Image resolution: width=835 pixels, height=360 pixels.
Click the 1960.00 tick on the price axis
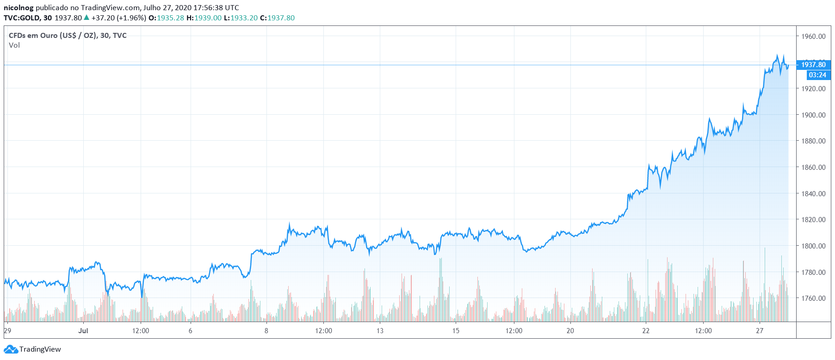pos(813,36)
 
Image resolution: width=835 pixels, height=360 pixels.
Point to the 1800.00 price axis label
pos(813,246)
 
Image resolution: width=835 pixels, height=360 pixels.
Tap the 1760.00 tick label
pos(813,298)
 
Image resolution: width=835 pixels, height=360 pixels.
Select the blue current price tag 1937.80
pos(813,65)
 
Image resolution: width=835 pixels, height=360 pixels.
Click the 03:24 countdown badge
pos(817,75)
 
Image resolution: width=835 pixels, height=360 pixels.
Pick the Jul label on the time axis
pos(83,330)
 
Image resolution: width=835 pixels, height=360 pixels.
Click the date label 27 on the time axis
pos(759,330)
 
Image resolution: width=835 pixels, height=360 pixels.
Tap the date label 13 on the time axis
pos(380,330)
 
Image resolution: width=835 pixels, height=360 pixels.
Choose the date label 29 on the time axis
pos(7,330)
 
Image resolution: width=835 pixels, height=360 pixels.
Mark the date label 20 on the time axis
pos(570,330)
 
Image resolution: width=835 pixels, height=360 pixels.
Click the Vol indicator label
pos(14,45)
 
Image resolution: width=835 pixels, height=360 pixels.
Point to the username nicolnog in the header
pos(19,7)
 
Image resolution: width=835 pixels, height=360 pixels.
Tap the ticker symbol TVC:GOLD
pos(21,18)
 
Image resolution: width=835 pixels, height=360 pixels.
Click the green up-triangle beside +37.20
pos(86,18)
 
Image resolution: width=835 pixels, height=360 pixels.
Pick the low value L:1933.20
pos(241,18)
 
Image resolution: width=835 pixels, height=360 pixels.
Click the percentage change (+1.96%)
pos(131,18)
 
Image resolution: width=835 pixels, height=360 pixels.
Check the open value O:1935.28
pos(166,18)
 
